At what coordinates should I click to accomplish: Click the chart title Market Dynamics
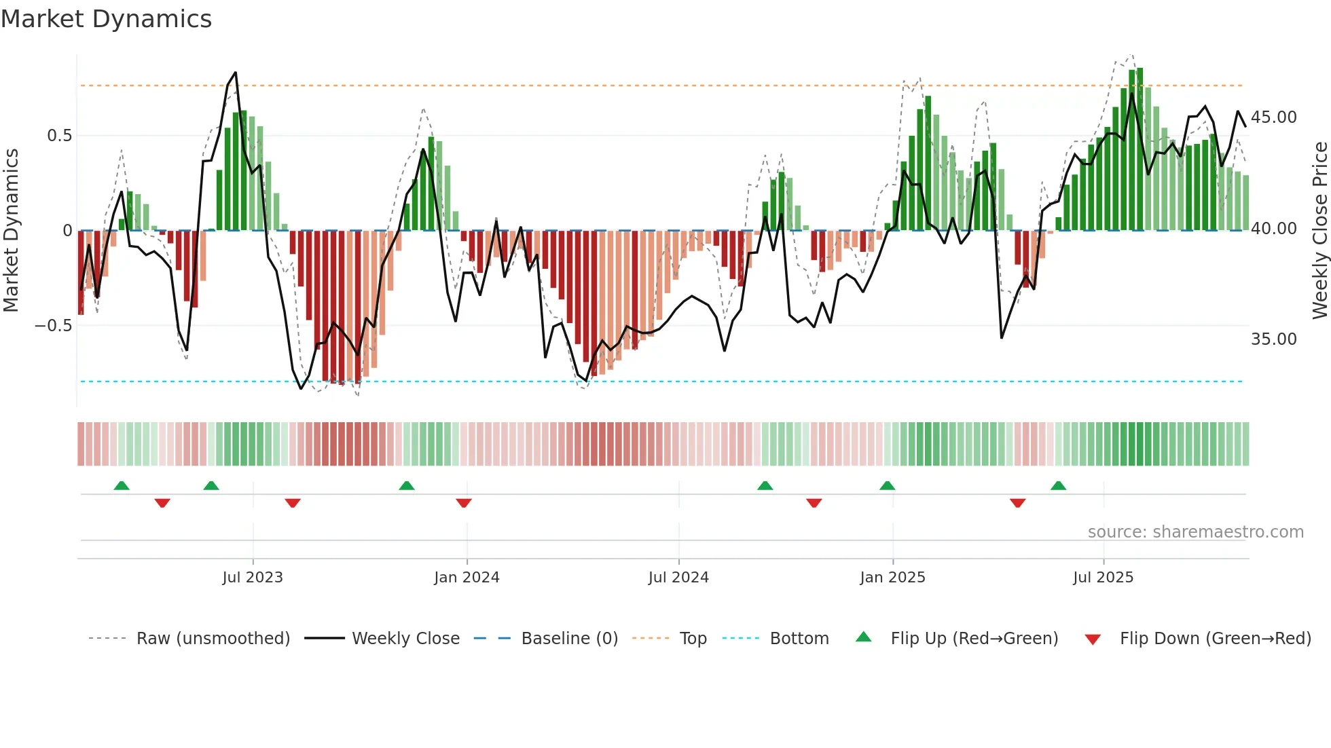pyautogui.click(x=106, y=19)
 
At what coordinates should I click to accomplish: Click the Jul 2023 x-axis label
pyautogui.click(x=253, y=578)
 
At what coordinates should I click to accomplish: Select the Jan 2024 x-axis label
pyautogui.click(x=467, y=578)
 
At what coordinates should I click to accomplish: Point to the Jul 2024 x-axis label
pyautogui.click(x=678, y=578)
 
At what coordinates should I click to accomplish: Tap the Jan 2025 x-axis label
pyautogui.click(x=892, y=578)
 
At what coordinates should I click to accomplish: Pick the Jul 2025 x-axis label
pyautogui.click(x=1104, y=578)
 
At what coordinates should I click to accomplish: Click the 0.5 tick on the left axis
pyautogui.click(x=59, y=136)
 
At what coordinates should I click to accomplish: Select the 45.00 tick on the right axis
pyautogui.click(x=1273, y=117)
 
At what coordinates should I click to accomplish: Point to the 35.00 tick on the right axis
pyautogui.click(x=1273, y=339)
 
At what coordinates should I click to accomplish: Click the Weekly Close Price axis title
pyautogui.click(x=1319, y=231)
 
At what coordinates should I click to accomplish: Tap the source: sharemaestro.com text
pyautogui.click(x=1195, y=532)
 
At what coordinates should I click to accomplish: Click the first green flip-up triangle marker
pyautogui.click(x=122, y=485)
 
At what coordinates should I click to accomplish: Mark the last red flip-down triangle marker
pyautogui.click(x=1017, y=503)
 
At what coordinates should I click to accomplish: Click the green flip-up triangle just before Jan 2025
pyautogui.click(x=887, y=485)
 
